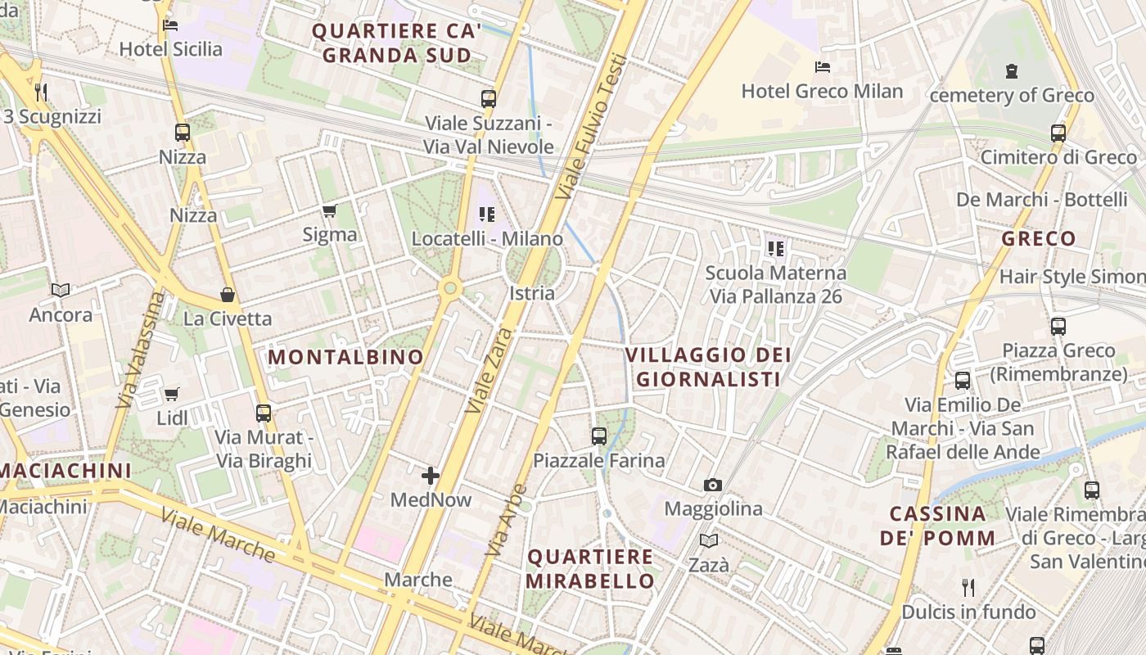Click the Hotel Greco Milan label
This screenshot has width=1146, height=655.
(x=822, y=91)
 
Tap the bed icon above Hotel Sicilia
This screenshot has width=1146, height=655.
(x=170, y=25)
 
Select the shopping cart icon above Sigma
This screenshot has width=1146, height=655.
(x=329, y=211)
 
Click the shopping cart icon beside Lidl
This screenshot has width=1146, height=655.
(x=171, y=395)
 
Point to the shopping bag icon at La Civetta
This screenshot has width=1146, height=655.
(x=227, y=295)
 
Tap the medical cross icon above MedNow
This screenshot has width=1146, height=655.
(x=431, y=476)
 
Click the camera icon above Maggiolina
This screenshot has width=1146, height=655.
(x=713, y=485)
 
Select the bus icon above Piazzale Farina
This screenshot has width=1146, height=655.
(x=599, y=436)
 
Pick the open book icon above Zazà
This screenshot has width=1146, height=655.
(x=708, y=541)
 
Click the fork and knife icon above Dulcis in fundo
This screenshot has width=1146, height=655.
(x=968, y=587)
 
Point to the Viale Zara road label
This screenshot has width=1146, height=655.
(x=490, y=370)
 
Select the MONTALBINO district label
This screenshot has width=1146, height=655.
(x=345, y=357)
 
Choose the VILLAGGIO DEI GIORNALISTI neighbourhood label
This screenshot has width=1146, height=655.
(x=708, y=367)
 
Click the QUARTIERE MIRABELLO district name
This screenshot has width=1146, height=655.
(x=590, y=569)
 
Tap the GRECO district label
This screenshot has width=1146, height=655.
(x=1039, y=239)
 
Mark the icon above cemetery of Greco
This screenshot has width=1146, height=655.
(x=1012, y=71)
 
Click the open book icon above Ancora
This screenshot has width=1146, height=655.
(x=61, y=290)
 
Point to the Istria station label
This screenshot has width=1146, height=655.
(x=532, y=293)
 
